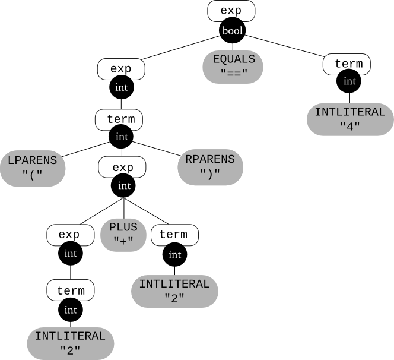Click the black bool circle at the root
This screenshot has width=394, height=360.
231,31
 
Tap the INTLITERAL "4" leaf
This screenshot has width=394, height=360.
350,119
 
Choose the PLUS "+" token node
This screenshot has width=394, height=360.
123,234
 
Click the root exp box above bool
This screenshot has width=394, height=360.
231,11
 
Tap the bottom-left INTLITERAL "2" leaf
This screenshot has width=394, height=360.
70,343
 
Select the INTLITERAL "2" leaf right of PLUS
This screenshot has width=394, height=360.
174,291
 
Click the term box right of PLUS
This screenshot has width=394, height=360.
173,235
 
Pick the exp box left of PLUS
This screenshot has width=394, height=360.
70,235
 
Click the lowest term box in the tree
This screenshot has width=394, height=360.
71,290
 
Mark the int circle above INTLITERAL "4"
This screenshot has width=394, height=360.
350,80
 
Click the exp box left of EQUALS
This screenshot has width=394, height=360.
121,69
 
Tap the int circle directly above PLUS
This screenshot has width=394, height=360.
124,186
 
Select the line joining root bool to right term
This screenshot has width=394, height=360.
285,46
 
